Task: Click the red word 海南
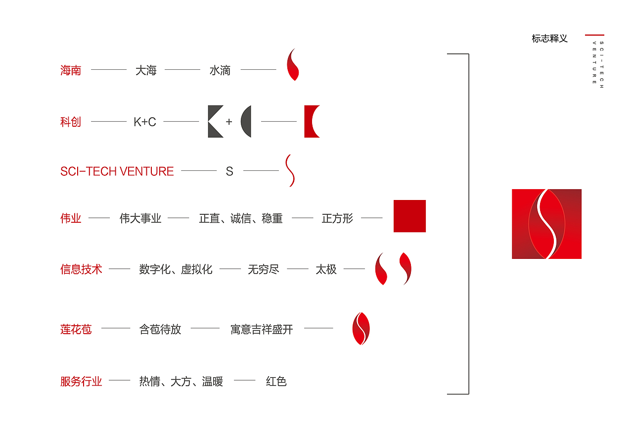(x=71, y=70)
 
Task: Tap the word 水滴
(x=220, y=70)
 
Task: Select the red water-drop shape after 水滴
(x=293, y=65)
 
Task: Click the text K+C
(x=145, y=122)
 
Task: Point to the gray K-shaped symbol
(x=215, y=121)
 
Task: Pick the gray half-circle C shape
(x=246, y=121)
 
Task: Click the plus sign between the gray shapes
(x=229, y=122)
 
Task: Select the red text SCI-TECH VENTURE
(x=117, y=171)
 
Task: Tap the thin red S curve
(x=290, y=171)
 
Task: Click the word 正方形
(x=337, y=218)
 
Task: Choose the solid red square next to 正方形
(x=409, y=216)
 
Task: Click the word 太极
(x=326, y=269)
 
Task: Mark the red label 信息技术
(x=81, y=269)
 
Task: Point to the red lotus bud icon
(x=361, y=329)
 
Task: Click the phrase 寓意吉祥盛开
(x=262, y=329)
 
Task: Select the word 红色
(x=276, y=381)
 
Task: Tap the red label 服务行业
(x=81, y=381)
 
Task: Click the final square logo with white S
(x=546, y=224)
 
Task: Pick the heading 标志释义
(x=549, y=39)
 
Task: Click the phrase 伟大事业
(x=140, y=218)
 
